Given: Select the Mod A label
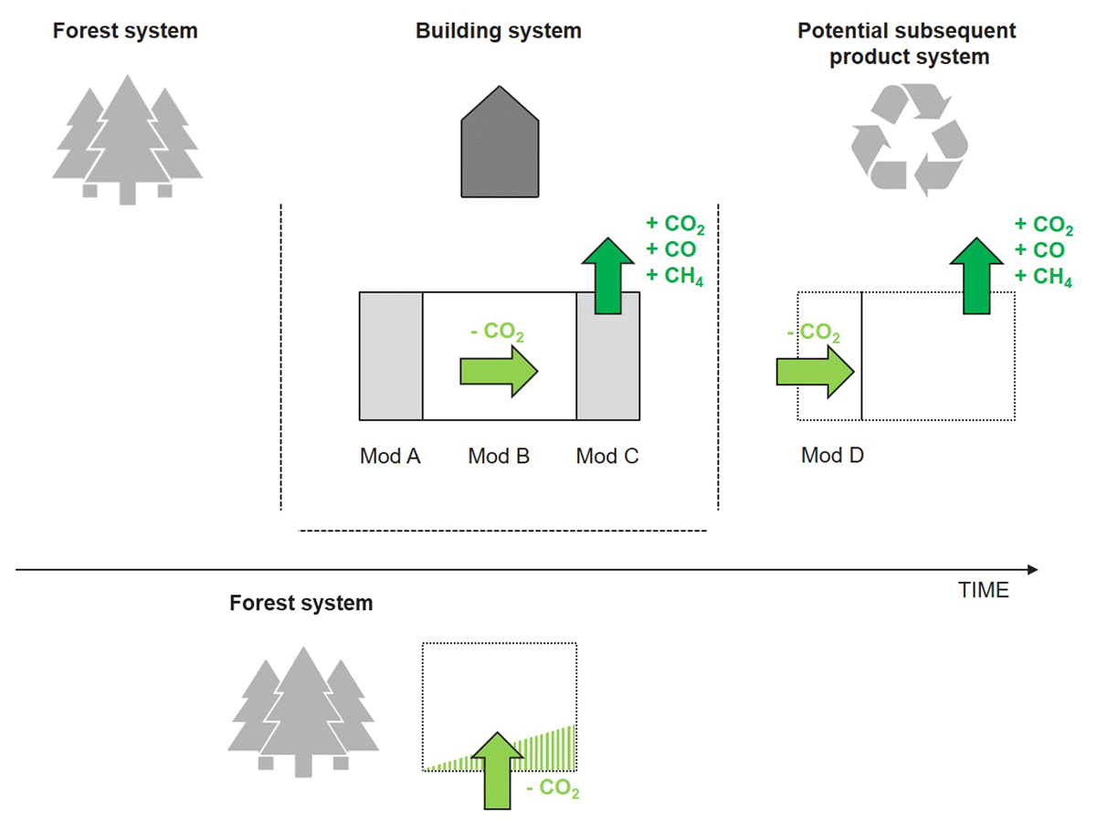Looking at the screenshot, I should pyautogui.click(x=390, y=456).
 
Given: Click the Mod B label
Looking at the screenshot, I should pyautogui.click(x=499, y=456).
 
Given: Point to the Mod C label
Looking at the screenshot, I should pyautogui.click(x=607, y=456).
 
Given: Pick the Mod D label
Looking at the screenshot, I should pyautogui.click(x=833, y=455).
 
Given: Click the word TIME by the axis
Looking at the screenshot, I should pyautogui.click(x=984, y=590).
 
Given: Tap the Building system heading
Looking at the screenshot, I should pyautogui.click(x=499, y=31).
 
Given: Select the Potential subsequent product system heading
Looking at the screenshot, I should pyautogui.click(x=907, y=44).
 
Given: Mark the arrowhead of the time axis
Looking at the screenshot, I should pyautogui.click(x=1033, y=570).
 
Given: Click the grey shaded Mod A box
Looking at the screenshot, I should pyautogui.click(x=391, y=355).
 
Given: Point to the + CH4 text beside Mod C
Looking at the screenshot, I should pyautogui.click(x=676, y=276).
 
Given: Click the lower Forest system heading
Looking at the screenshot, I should pyautogui.click(x=301, y=604).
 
